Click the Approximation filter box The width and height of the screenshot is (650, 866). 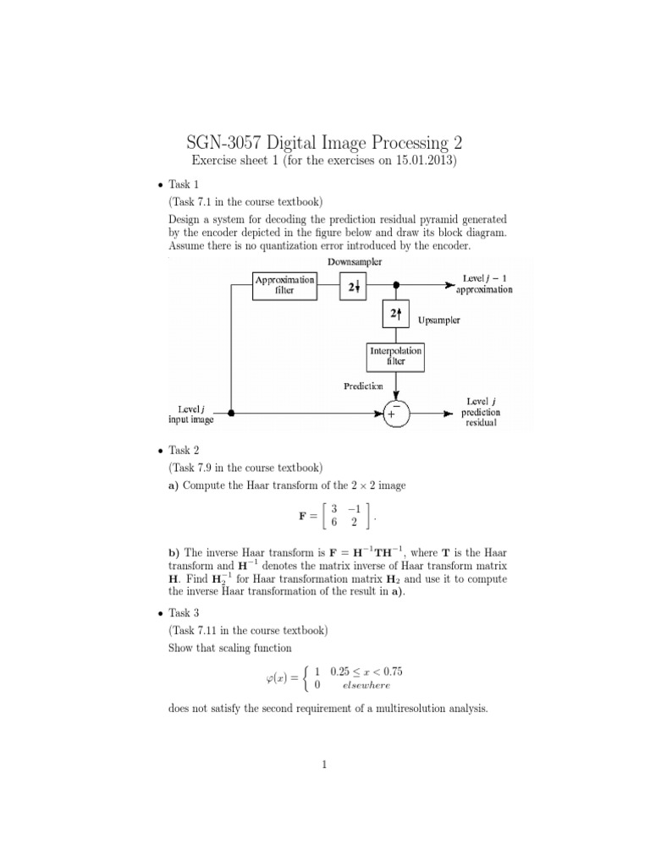point(284,285)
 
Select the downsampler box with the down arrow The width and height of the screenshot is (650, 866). point(352,286)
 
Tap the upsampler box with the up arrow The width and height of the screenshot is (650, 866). point(394,313)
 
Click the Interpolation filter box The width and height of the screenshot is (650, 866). point(394,355)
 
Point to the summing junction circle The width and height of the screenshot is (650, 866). point(394,414)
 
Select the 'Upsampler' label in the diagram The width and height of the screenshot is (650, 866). point(438,321)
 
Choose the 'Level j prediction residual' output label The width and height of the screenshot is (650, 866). point(480,412)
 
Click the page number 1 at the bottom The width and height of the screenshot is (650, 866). point(324,765)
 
